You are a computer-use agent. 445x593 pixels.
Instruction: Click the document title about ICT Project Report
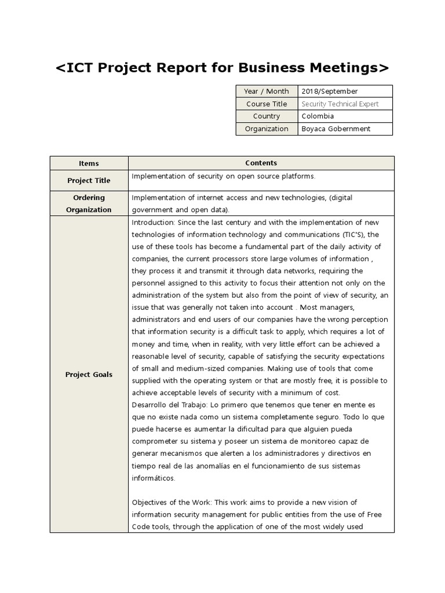pos(222,68)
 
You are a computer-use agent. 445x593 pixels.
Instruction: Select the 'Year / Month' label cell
pos(267,91)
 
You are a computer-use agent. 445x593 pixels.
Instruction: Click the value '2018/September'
pos(330,91)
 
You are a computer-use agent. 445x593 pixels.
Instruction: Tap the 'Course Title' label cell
pos(267,104)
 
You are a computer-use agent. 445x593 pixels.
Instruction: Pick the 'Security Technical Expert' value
pos(340,104)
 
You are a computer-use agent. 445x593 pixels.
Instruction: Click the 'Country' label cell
pos(267,116)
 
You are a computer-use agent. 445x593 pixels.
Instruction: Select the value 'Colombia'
pos(318,116)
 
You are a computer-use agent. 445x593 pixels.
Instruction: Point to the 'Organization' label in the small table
pos(267,129)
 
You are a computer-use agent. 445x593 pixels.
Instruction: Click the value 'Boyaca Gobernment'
pos(335,129)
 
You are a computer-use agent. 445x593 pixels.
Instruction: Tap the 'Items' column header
pos(89,163)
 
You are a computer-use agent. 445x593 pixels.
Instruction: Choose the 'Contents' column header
pos(261,163)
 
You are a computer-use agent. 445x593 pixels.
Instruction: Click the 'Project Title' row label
pos(89,181)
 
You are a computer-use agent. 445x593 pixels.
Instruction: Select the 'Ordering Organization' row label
pos(89,204)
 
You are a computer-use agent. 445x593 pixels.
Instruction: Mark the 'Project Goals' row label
pos(89,375)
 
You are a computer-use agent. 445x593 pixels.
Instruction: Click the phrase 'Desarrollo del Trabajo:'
pos(168,405)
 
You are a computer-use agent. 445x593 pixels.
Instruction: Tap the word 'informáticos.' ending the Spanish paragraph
pos(153,478)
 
